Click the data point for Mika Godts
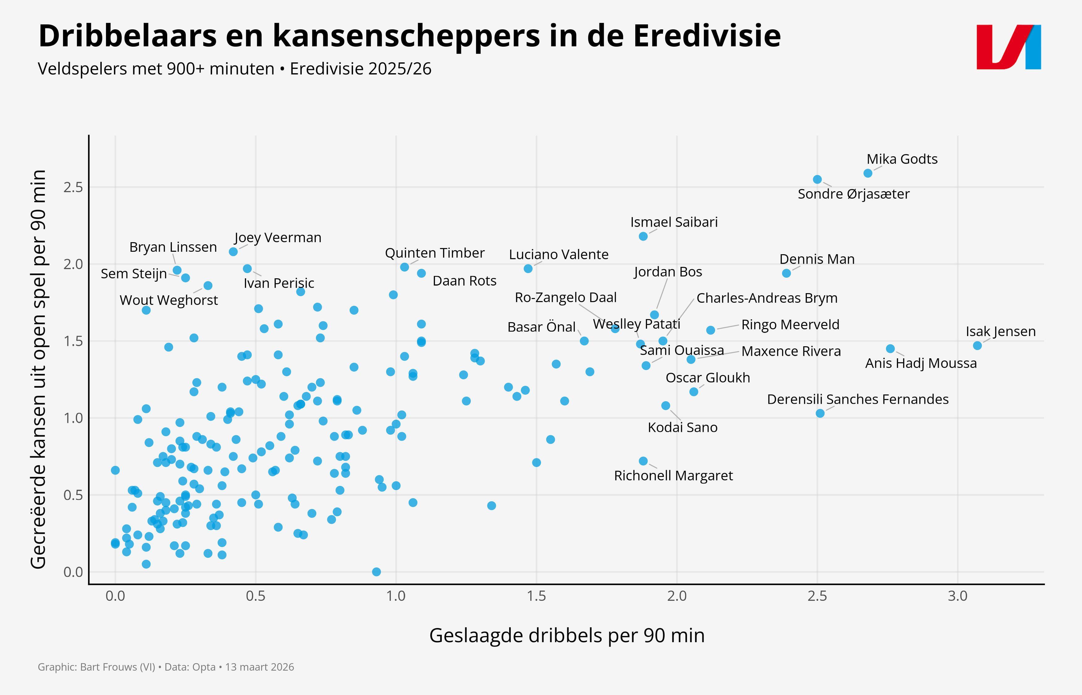click(x=867, y=173)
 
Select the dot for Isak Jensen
click(x=977, y=346)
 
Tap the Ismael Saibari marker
click(x=643, y=237)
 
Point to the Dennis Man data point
click(x=786, y=273)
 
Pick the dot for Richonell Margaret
click(x=643, y=461)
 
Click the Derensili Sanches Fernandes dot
click(x=820, y=413)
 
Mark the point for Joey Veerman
click(x=233, y=252)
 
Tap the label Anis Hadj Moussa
click(x=920, y=363)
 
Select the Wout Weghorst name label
click(x=168, y=300)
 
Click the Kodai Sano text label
click(x=682, y=428)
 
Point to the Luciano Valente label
click(x=558, y=255)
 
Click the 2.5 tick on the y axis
click(x=73, y=187)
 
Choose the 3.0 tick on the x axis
click(x=957, y=596)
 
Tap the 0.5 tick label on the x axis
click(x=256, y=596)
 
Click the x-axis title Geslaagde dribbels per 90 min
click(x=566, y=635)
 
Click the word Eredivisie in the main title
click(x=707, y=36)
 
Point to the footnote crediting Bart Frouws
click(x=166, y=667)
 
